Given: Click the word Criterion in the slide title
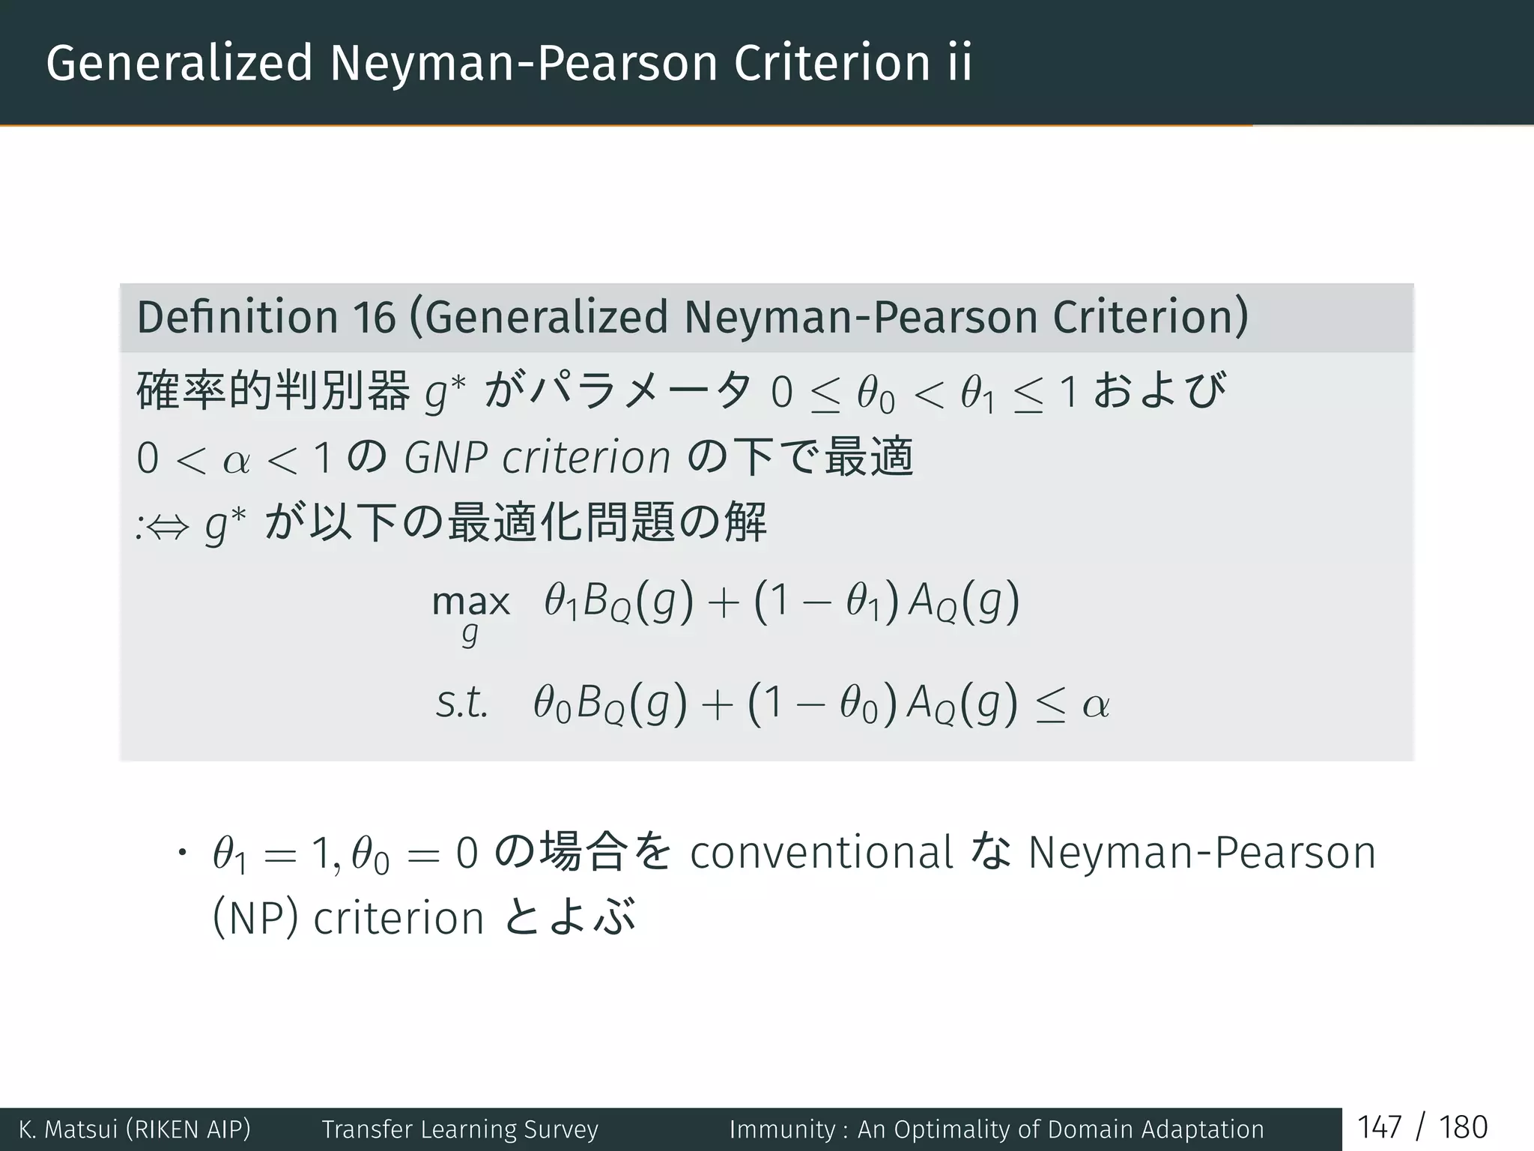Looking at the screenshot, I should coord(831,63).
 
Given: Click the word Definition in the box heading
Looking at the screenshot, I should coord(237,317).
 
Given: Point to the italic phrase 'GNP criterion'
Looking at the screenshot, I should coord(537,457).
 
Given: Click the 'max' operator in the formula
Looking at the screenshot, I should coord(470,602).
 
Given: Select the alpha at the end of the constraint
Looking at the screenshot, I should coord(1096,704).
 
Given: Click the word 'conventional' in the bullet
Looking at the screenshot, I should coord(821,853).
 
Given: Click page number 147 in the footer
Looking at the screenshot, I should coord(1380,1128).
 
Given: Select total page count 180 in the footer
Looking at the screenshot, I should coord(1463,1128).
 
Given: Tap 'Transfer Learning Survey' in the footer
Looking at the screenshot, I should coord(460,1129).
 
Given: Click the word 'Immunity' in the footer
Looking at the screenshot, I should coord(782,1129).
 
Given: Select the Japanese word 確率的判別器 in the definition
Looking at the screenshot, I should coord(273,391).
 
